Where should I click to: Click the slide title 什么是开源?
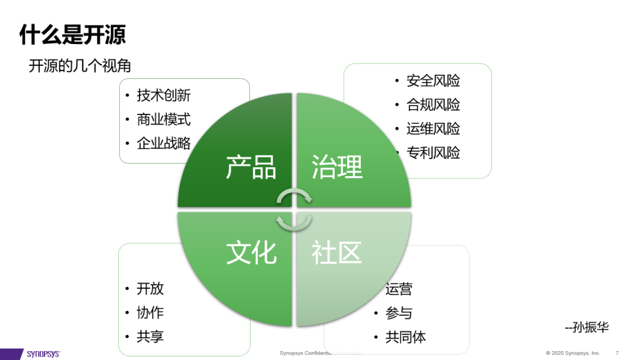click(72, 34)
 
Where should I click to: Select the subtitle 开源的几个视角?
click(80, 66)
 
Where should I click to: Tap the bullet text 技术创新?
click(164, 95)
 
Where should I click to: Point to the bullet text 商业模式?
click(164, 119)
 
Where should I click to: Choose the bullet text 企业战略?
click(164, 143)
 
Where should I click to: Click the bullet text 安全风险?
click(433, 81)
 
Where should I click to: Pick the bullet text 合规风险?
click(433, 105)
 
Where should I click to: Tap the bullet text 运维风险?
click(433, 129)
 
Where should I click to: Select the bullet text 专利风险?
click(433, 153)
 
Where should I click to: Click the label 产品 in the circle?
click(251, 168)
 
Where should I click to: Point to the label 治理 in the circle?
click(337, 168)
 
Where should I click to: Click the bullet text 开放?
click(150, 289)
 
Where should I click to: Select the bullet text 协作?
click(150, 313)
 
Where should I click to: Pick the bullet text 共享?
click(150, 337)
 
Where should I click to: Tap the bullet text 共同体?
click(406, 337)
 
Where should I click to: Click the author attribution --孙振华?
click(587, 327)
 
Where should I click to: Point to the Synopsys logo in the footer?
click(43, 354)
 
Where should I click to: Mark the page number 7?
click(617, 353)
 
